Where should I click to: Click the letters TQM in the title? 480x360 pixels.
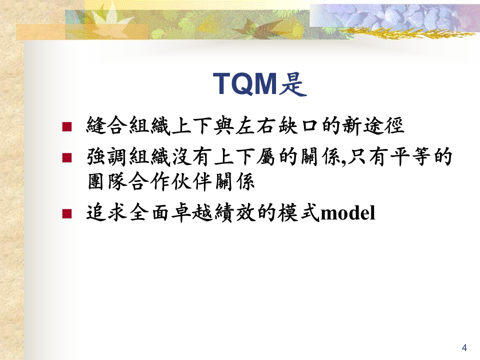245,83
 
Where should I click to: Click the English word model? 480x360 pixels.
347,213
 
